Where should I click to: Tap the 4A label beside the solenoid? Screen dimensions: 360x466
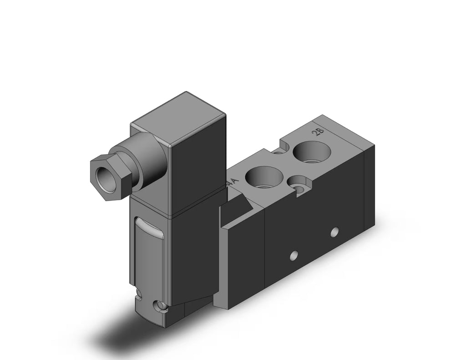pyautogui.click(x=232, y=182)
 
